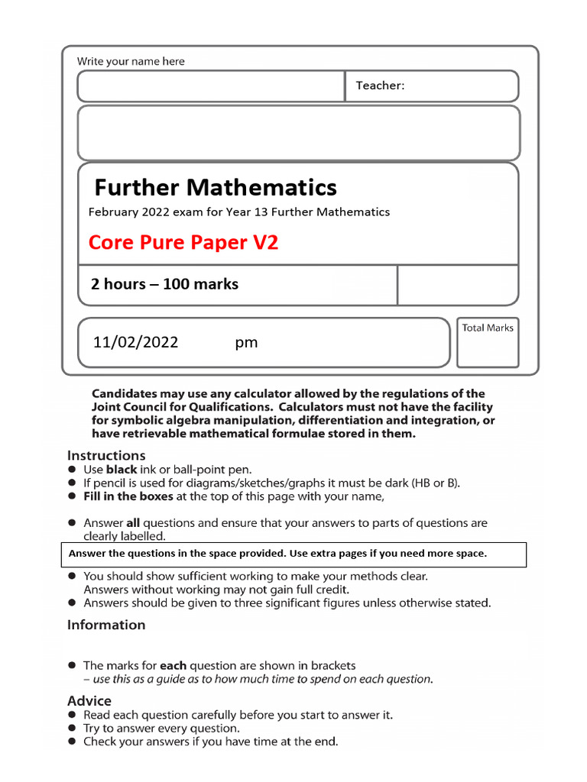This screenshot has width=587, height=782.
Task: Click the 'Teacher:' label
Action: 380,86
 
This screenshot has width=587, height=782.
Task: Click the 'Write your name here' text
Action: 131,61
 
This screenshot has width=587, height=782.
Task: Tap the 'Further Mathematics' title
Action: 216,187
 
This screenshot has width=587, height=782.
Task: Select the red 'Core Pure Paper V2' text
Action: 183,243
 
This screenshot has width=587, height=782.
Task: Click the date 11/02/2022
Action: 135,342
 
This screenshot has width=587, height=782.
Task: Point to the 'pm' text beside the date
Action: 246,343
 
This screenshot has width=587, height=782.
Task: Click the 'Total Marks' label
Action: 488,328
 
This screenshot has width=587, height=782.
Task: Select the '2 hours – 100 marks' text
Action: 164,284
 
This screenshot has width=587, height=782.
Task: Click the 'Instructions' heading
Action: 106,455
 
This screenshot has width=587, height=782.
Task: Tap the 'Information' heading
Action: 106,625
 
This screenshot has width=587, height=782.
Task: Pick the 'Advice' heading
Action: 89,700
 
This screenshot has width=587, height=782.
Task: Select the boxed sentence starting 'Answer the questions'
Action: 277,554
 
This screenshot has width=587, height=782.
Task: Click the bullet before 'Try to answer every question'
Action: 72,729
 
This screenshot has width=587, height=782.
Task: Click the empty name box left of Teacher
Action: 211,86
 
